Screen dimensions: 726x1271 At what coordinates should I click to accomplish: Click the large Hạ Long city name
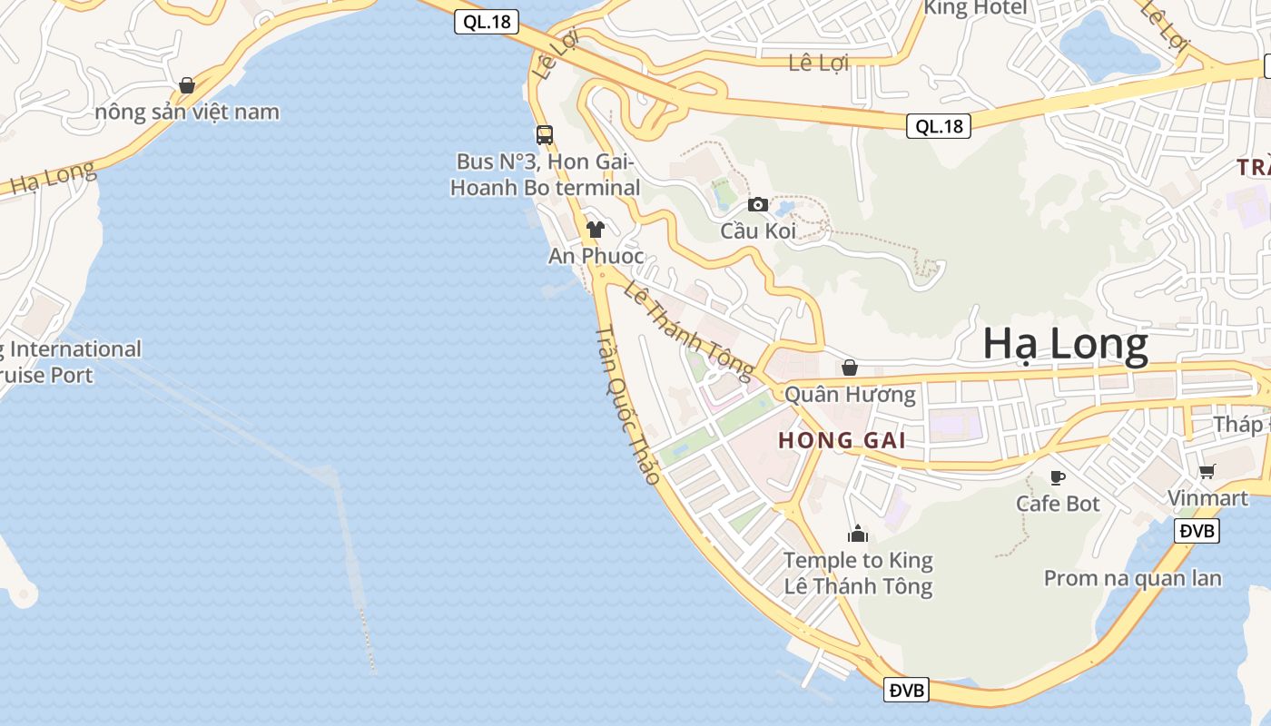1065,346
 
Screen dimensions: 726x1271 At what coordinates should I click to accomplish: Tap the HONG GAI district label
842,441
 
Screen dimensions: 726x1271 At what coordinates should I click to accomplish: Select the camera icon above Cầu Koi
757,205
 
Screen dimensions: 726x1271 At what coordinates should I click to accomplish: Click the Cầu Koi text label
758,231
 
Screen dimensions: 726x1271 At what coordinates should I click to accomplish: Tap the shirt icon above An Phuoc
596,230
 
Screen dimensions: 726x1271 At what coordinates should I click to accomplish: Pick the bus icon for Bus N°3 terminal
544,135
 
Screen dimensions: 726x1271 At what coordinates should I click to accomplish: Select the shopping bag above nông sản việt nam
187,85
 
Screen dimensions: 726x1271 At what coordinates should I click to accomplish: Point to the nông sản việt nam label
187,113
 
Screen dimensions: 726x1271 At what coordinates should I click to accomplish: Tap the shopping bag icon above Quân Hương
850,368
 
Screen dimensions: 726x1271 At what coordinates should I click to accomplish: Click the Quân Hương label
850,395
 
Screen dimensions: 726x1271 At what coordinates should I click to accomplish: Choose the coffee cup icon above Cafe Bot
1057,477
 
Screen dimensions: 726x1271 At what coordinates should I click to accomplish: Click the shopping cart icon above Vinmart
1207,471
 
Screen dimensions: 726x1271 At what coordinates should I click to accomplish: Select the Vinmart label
1207,498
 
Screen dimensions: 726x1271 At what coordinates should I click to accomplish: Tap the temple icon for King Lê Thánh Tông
858,534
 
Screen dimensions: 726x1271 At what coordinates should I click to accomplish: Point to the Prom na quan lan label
1132,578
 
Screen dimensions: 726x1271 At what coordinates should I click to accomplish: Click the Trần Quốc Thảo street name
627,403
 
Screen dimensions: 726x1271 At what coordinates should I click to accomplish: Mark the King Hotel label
975,8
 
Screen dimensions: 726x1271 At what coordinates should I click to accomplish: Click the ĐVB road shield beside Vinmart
1197,531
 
